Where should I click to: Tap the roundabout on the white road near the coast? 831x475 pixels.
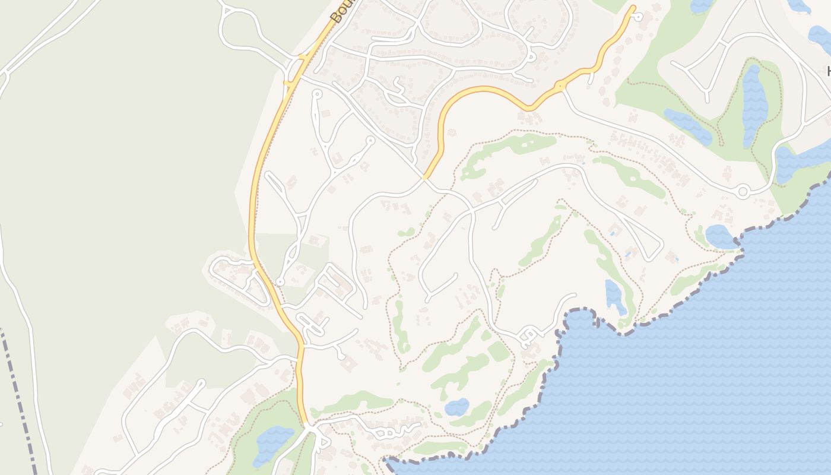click(743, 191)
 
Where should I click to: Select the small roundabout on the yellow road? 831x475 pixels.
click(560, 87)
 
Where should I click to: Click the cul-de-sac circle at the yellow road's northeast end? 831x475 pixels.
click(638, 17)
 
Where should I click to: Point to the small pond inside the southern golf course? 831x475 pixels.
click(456, 407)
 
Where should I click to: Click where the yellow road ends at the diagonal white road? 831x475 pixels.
click(426, 177)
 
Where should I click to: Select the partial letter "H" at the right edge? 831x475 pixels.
click(828, 72)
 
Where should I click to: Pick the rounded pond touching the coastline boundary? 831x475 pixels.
click(720, 236)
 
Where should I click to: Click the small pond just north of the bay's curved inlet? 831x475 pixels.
click(615, 297)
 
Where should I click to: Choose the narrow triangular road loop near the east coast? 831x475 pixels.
click(644, 237)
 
